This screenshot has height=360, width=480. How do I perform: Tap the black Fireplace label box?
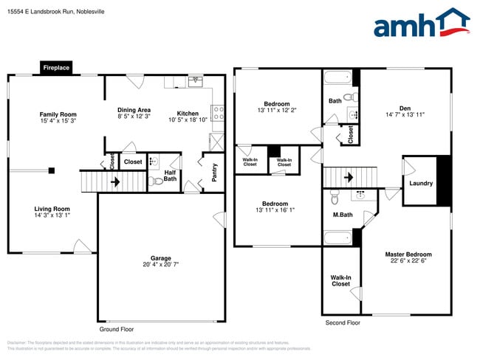pyautogui.click(x=56, y=68)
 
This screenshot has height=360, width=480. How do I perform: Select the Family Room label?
pyautogui.click(x=58, y=114)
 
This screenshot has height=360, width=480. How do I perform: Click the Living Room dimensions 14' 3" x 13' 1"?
pyautogui.click(x=52, y=217)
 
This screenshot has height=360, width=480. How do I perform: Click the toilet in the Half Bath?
pyautogui.click(x=155, y=180)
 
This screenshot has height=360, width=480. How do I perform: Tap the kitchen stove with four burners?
pyautogui.click(x=218, y=113)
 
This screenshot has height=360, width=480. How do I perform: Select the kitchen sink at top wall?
pyautogui.click(x=196, y=81)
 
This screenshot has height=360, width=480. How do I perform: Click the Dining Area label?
pyautogui.click(x=134, y=110)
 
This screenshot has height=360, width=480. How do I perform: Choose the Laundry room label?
pyautogui.click(x=420, y=184)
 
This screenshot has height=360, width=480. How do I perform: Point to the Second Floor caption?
pyautogui.click(x=343, y=323)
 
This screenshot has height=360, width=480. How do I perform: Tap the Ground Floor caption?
pyautogui.click(x=117, y=329)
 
